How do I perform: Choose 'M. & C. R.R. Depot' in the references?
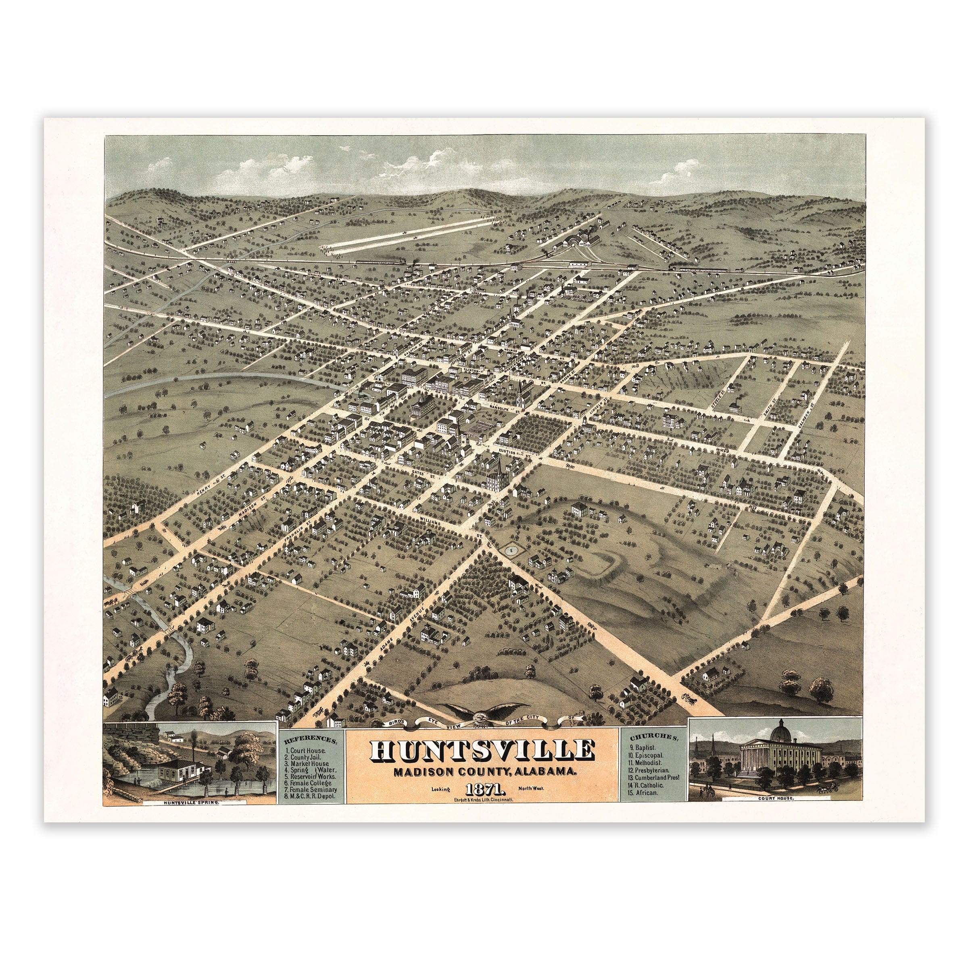311,795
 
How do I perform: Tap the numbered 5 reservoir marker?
511,550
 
